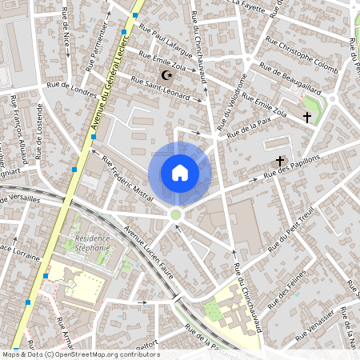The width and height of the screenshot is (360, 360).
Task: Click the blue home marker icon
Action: click(179, 173)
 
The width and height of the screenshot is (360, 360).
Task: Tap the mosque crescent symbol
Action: click(167, 75)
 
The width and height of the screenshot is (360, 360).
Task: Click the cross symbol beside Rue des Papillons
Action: click(280, 162)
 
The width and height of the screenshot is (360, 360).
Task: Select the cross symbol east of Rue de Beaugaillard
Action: click(306, 118)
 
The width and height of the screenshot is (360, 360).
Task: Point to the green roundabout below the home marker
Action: click(176, 214)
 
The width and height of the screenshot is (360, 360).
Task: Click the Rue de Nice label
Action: click(65, 30)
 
